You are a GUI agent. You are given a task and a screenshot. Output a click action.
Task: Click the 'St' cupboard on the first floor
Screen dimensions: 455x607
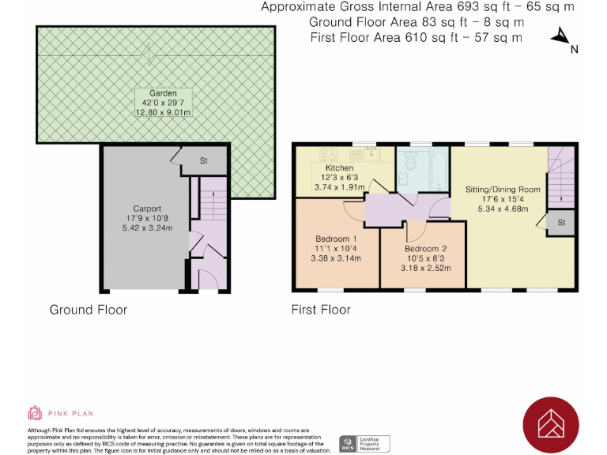coord(561,223)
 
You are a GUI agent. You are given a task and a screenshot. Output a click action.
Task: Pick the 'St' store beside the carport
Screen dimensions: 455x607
coord(202,161)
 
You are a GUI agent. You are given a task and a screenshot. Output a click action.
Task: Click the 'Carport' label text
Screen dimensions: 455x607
coord(148,209)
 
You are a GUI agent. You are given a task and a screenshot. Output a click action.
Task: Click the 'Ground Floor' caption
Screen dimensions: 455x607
coord(88,309)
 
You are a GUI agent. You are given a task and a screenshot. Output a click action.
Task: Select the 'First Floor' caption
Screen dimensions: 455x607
coord(321,309)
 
